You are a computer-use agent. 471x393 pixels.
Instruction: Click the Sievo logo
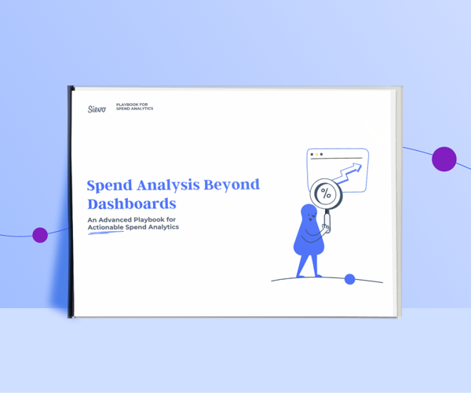coord(97,108)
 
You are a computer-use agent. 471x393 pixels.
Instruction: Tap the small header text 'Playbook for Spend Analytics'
coord(134,107)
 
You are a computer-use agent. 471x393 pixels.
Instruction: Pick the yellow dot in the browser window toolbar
coord(320,155)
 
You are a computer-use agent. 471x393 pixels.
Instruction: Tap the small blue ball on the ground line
coord(350,279)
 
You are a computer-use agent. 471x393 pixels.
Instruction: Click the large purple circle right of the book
coord(444,159)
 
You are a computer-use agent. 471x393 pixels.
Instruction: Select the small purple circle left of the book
coord(39,234)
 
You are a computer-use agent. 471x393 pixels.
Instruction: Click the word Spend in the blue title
coord(109,186)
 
